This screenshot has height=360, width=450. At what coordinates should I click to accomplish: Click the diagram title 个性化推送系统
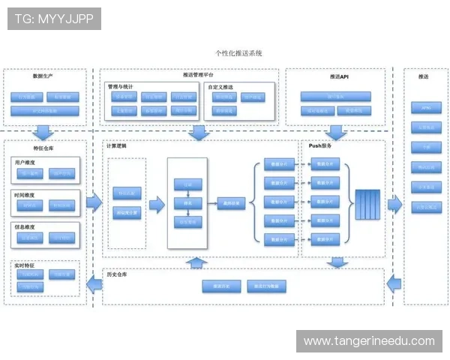(x=238, y=54)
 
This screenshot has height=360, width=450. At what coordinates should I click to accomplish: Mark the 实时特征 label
(x=24, y=265)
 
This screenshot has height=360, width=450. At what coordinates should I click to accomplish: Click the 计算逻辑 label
(x=117, y=145)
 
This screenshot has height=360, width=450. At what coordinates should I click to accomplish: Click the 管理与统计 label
(x=123, y=86)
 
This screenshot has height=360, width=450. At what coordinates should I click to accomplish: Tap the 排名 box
(x=187, y=202)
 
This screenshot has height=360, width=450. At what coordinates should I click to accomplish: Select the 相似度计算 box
(x=127, y=213)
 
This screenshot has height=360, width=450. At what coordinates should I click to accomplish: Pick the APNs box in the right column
(x=425, y=107)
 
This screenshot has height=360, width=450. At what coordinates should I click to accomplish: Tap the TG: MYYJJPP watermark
(x=53, y=18)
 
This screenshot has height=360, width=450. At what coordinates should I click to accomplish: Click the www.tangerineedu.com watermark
(x=369, y=341)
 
